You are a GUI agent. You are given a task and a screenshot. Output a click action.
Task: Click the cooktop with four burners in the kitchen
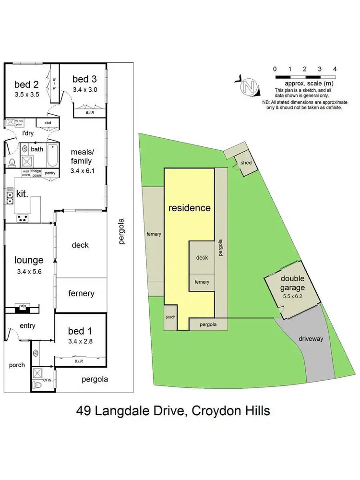22,218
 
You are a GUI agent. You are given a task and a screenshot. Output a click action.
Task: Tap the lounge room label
29,260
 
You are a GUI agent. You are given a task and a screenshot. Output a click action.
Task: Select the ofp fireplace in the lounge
22,306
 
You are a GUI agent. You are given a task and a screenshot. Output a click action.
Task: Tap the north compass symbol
248,86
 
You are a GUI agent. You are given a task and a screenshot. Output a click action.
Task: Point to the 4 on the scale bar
335,69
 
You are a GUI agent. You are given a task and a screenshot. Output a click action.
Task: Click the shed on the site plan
245,163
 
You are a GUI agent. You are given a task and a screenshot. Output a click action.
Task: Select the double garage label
292,283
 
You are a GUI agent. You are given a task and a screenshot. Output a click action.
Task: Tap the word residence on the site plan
189,208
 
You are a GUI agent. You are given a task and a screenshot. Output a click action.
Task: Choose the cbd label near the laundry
48,122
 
